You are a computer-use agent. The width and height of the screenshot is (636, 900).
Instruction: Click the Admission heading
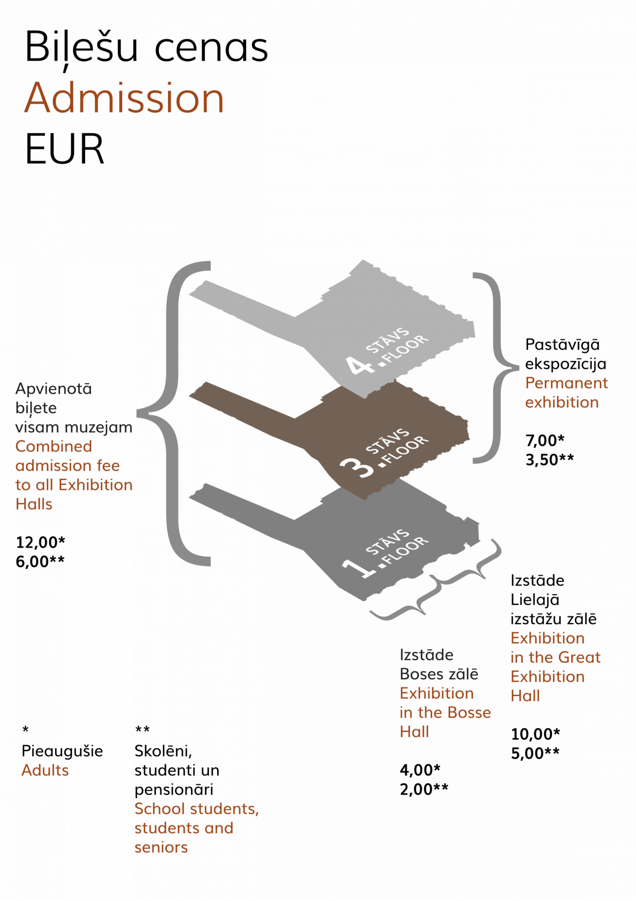124,98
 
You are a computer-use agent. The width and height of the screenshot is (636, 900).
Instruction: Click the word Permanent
566,383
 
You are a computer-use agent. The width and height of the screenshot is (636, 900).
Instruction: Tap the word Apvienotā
54,389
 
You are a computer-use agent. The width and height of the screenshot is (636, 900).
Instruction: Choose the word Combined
54,447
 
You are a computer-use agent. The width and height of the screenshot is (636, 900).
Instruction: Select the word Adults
45,770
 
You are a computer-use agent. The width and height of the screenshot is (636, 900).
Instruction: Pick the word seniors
161,847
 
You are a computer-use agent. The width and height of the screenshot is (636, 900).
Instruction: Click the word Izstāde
426,655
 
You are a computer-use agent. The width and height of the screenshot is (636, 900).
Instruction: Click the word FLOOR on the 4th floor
407,350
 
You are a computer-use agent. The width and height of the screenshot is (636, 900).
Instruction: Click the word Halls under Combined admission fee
34,504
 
